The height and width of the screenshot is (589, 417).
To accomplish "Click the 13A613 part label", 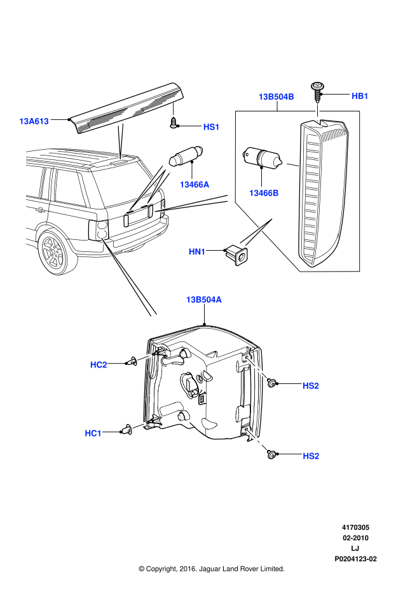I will click(x=34, y=121).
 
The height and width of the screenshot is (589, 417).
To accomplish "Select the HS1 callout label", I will click(x=211, y=127).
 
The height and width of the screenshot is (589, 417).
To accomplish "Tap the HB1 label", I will click(x=360, y=96).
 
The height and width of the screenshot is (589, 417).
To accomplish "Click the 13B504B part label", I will click(x=276, y=97).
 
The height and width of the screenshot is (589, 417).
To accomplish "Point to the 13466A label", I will click(x=194, y=184).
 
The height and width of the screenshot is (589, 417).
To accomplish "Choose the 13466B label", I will click(x=264, y=193).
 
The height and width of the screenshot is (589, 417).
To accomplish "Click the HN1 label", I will click(x=197, y=252).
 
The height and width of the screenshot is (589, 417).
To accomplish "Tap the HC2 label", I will click(x=99, y=364).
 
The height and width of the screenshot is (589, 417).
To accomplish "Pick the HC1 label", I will click(x=93, y=433).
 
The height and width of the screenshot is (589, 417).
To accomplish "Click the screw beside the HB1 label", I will click(x=317, y=90).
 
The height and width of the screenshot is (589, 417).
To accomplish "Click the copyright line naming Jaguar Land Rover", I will click(x=211, y=569).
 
